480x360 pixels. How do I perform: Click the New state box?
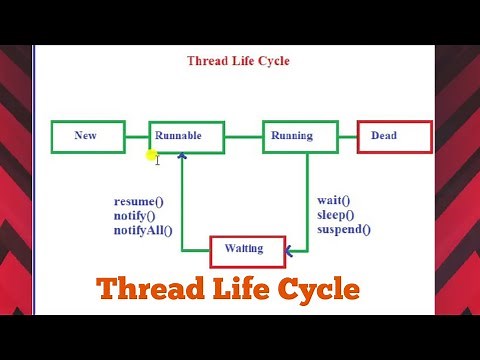coord(88,136)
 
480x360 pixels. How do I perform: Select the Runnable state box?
coord(185,136)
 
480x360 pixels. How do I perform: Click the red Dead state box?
coord(394,136)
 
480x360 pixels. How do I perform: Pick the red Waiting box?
coord(246,250)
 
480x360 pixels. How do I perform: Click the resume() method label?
coord(139,201)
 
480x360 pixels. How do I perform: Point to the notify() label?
coord(135,215)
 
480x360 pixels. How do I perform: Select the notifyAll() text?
coord(143,230)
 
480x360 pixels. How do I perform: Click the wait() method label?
coord(334,200)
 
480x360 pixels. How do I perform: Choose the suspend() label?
coord(343,229)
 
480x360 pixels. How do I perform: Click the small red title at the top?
coord(238,61)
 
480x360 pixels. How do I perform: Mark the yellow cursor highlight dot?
coord(151,156)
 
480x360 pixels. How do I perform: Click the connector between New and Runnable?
coord(137,136)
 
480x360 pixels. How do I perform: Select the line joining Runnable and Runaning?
coord(243,136)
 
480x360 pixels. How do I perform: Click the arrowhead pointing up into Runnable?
coord(182,156)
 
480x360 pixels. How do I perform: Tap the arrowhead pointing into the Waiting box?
coord(288,250)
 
